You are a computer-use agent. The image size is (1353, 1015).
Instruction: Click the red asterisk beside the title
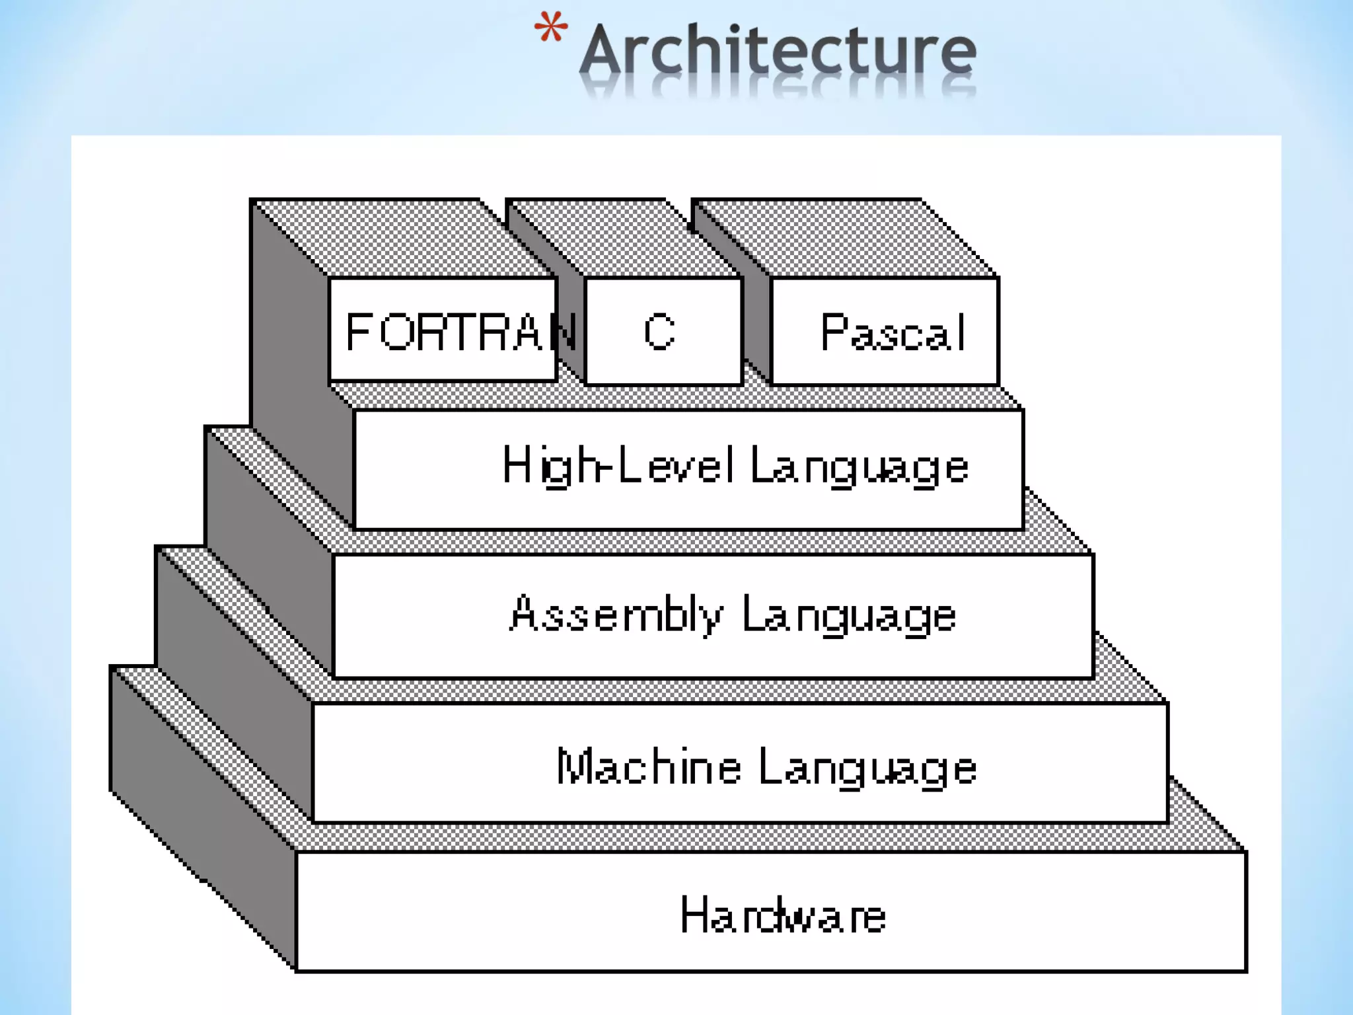(x=550, y=28)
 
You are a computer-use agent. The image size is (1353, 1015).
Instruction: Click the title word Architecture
(x=778, y=51)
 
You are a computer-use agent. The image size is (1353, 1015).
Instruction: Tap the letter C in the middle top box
(x=659, y=332)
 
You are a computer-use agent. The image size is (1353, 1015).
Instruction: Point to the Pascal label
(x=893, y=332)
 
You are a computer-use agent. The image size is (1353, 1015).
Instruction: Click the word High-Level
(x=618, y=465)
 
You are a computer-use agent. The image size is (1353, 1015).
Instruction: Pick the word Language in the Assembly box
(x=849, y=616)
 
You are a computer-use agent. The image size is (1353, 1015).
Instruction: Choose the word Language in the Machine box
(x=867, y=769)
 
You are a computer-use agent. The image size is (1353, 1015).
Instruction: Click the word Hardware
(x=783, y=915)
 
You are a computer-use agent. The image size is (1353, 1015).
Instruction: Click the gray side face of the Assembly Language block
(x=271, y=548)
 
